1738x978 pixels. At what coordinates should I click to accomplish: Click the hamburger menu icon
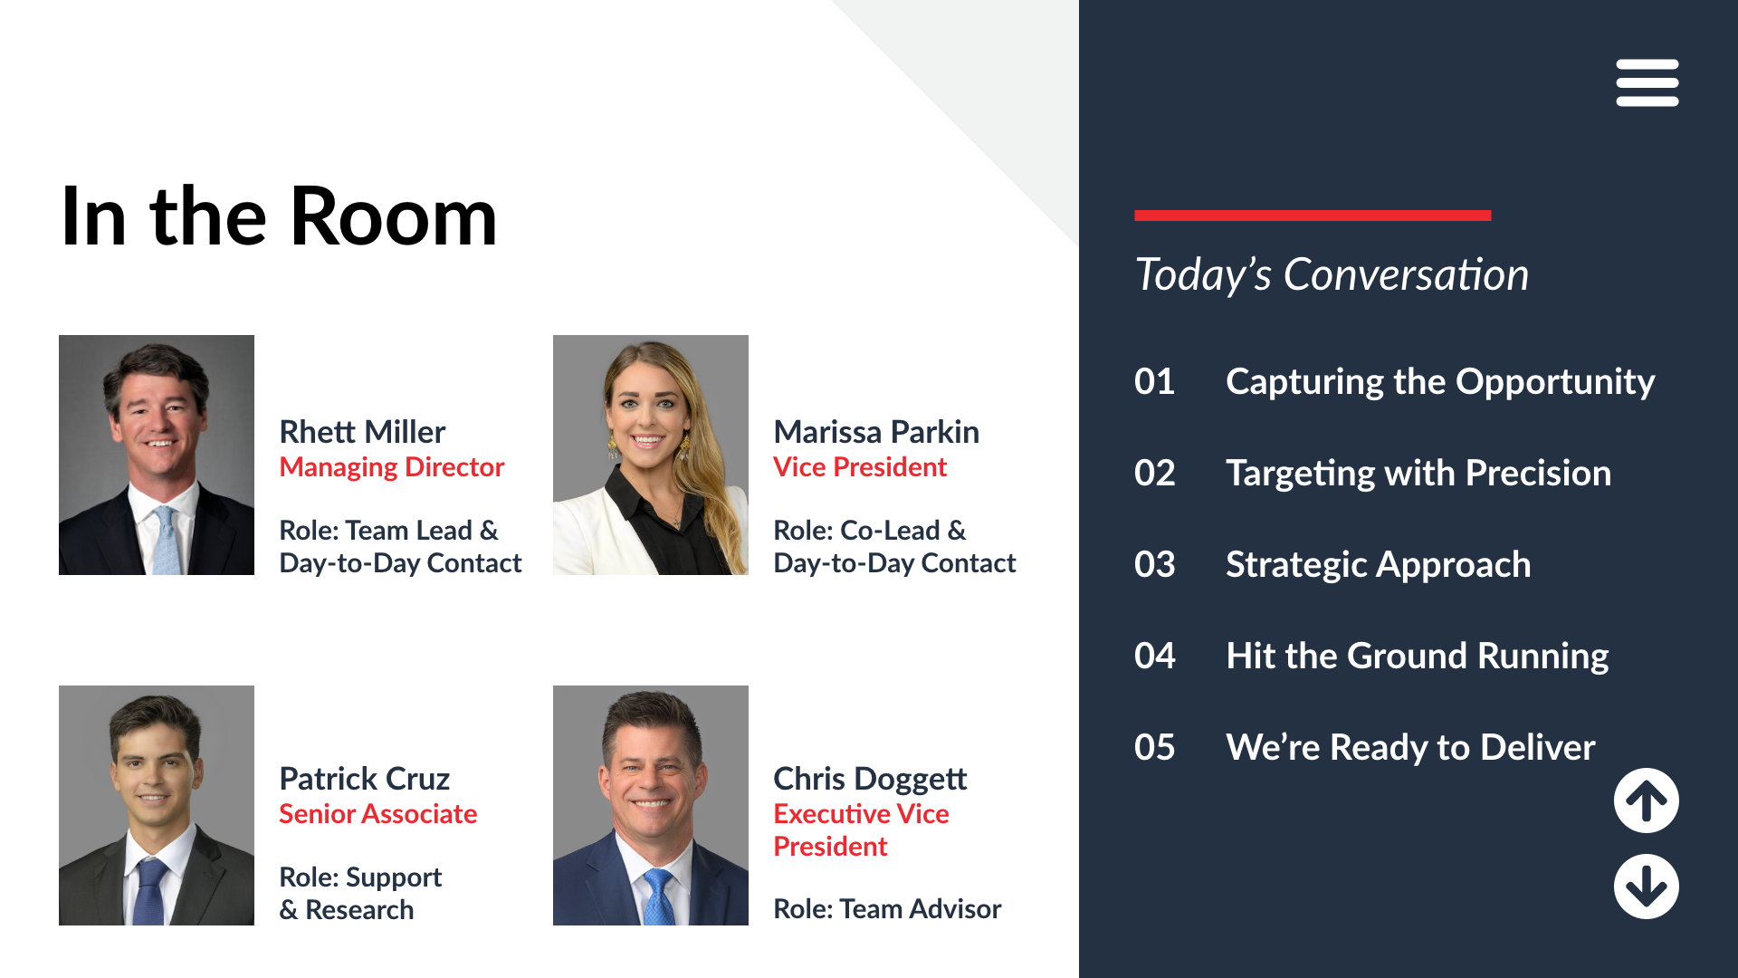click(x=1647, y=82)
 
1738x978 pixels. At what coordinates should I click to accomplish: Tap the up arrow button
click(x=1647, y=801)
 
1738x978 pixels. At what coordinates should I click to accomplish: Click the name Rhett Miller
click(x=362, y=432)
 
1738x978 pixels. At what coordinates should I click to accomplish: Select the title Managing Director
click(x=392, y=467)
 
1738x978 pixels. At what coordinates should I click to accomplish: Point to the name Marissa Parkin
click(x=876, y=432)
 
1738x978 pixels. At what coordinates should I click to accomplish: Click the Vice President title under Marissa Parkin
click(x=860, y=467)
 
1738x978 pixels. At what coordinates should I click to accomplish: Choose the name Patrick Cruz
click(x=365, y=779)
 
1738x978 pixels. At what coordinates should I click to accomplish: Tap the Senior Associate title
click(x=378, y=814)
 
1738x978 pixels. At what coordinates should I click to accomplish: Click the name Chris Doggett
click(x=870, y=779)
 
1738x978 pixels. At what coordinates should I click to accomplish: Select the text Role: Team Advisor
click(x=887, y=908)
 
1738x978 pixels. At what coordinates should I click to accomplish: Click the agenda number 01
click(x=1155, y=381)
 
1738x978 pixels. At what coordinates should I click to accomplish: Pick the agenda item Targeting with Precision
click(x=1418, y=473)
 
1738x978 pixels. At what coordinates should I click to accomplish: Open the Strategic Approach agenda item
click(x=1379, y=564)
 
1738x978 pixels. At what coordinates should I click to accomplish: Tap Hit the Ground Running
click(x=1418, y=656)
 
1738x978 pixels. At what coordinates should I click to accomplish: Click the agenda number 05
click(x=1155, y=747)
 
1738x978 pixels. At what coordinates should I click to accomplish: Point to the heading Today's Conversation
click(x=1332, y=274)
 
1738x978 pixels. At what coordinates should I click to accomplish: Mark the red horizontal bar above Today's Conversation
click(x=1313, y=216)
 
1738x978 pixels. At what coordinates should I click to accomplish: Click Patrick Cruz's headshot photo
click(x=157, y=805)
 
